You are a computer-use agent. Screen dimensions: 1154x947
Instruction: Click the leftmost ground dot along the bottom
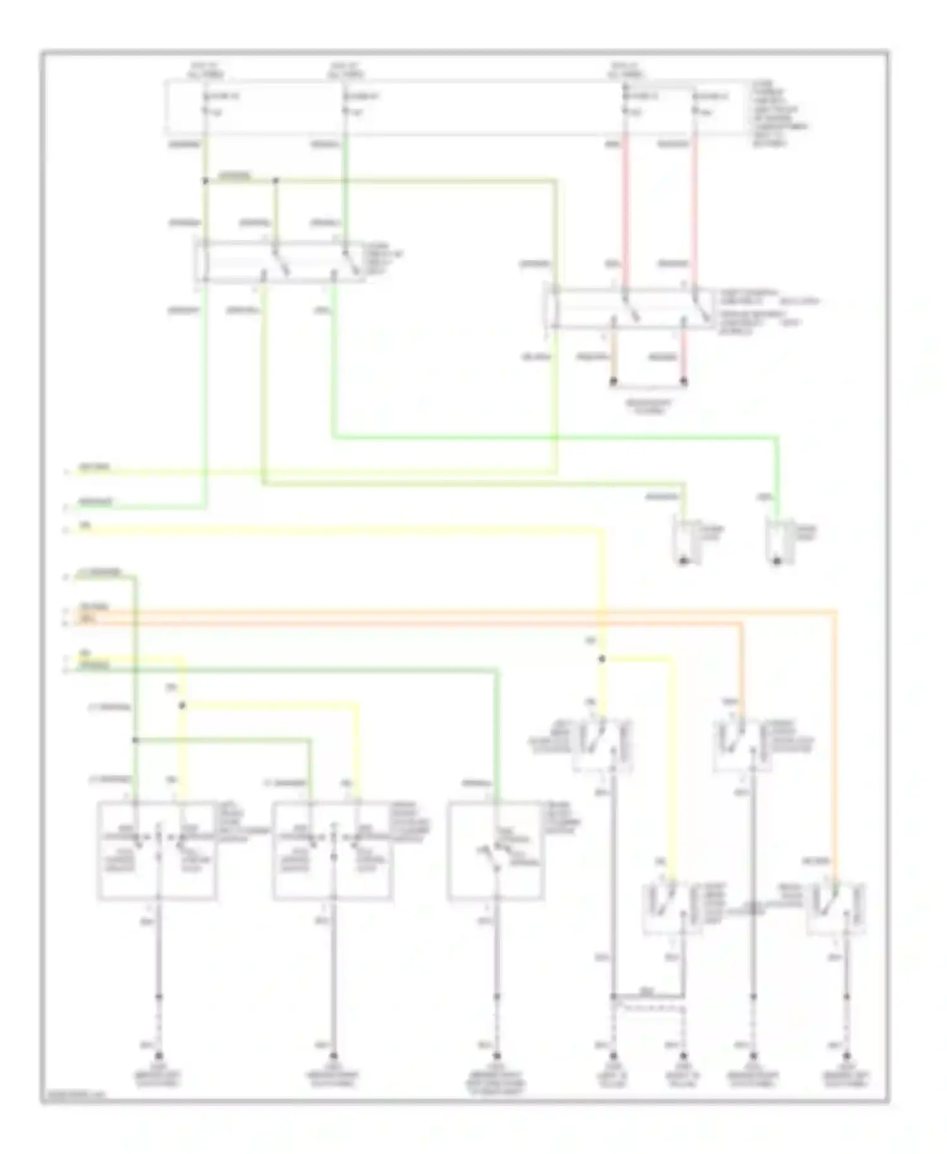pos(159,1056)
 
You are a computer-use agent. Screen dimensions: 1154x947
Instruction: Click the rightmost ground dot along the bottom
pos(847,1056)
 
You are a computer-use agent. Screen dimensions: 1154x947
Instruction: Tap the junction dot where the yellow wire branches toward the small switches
pos(602,659)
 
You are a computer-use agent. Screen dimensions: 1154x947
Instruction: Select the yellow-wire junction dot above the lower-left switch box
pos(182,706)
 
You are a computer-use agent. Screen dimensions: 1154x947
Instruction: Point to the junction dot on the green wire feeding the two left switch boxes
pos(136,740)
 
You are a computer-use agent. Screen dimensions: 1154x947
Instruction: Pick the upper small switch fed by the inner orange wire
pos(739,745)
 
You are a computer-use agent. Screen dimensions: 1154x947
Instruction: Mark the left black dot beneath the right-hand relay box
pos(613,382)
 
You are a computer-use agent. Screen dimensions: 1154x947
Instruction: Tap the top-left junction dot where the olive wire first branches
pos(205,181)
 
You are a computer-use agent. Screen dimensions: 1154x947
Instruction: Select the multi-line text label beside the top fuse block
pos(778,114)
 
